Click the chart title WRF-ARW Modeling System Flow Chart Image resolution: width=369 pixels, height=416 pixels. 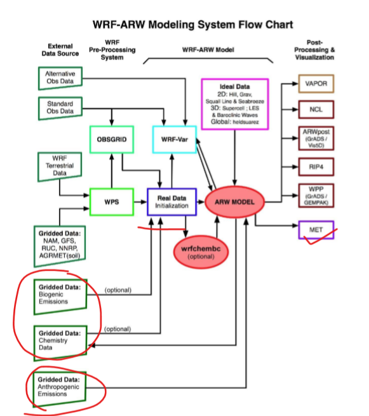coord(184,25)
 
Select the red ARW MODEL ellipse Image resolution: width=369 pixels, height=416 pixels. coord(234,202)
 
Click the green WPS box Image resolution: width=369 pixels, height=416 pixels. coord(111,202)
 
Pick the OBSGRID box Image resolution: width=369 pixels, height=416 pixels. coord(112,139)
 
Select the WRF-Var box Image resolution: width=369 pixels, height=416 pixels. coord(174,139)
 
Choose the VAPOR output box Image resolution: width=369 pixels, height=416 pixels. coord(316,84)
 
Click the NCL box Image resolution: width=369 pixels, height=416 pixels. coord(316,109)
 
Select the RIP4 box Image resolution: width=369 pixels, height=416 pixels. coord(316,168)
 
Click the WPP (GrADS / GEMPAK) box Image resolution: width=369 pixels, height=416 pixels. coord(316,196)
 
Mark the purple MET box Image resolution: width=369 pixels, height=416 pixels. coord(316,229)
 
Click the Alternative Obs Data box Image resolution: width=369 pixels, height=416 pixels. coord(60,78)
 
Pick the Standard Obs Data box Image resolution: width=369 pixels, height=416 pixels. coord(60,107)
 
